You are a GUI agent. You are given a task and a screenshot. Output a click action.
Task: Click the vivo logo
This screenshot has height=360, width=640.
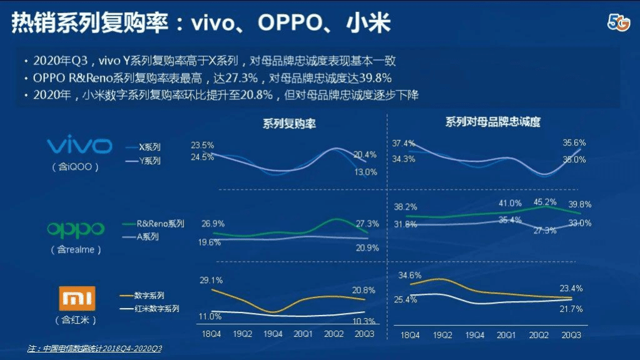point(79,147)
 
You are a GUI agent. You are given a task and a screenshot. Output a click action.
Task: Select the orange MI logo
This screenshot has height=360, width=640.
point(76,299)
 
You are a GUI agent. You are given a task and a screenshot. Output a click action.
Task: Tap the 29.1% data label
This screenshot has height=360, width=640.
point(211,280)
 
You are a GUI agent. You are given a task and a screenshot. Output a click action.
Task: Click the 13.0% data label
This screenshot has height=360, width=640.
point(365,172)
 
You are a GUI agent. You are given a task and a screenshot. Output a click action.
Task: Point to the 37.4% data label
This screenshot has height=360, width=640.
point(404,143)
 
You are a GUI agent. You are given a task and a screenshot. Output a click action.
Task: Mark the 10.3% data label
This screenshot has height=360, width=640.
point(364,321)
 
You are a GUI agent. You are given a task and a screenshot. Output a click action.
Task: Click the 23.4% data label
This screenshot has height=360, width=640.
point(571,289)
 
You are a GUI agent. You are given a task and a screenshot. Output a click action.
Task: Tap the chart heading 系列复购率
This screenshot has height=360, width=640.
point(289,123)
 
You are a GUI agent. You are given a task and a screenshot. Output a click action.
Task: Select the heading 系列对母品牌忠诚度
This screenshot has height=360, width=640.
point(493,122)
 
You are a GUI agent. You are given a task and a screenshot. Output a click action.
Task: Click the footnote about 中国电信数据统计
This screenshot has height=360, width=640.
point(94,348)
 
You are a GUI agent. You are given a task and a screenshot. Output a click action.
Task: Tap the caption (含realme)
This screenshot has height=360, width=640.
point(76,249)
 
